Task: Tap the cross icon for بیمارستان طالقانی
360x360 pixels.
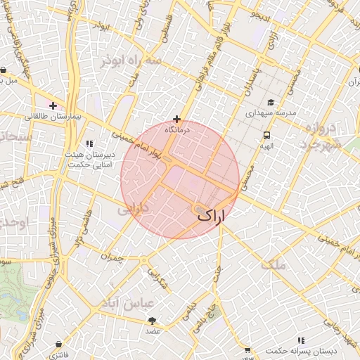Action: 53,105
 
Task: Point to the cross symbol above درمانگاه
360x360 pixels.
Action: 176,119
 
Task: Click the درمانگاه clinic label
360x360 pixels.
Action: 176,130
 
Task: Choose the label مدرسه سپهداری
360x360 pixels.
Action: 271,112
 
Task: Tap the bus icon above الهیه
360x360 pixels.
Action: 266,135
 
